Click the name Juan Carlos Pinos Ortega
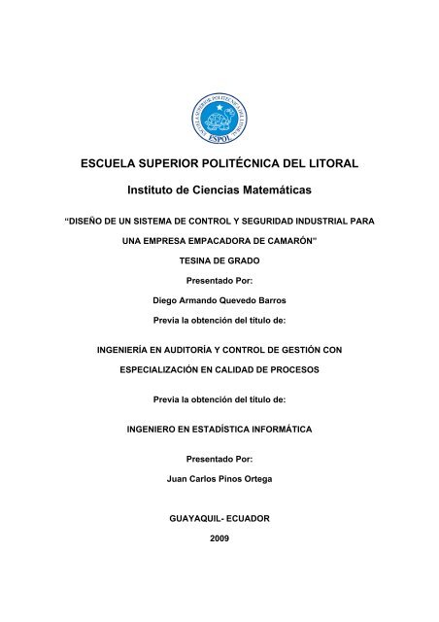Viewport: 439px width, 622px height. [219, 480]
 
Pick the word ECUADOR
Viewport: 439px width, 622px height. [247, 519]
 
